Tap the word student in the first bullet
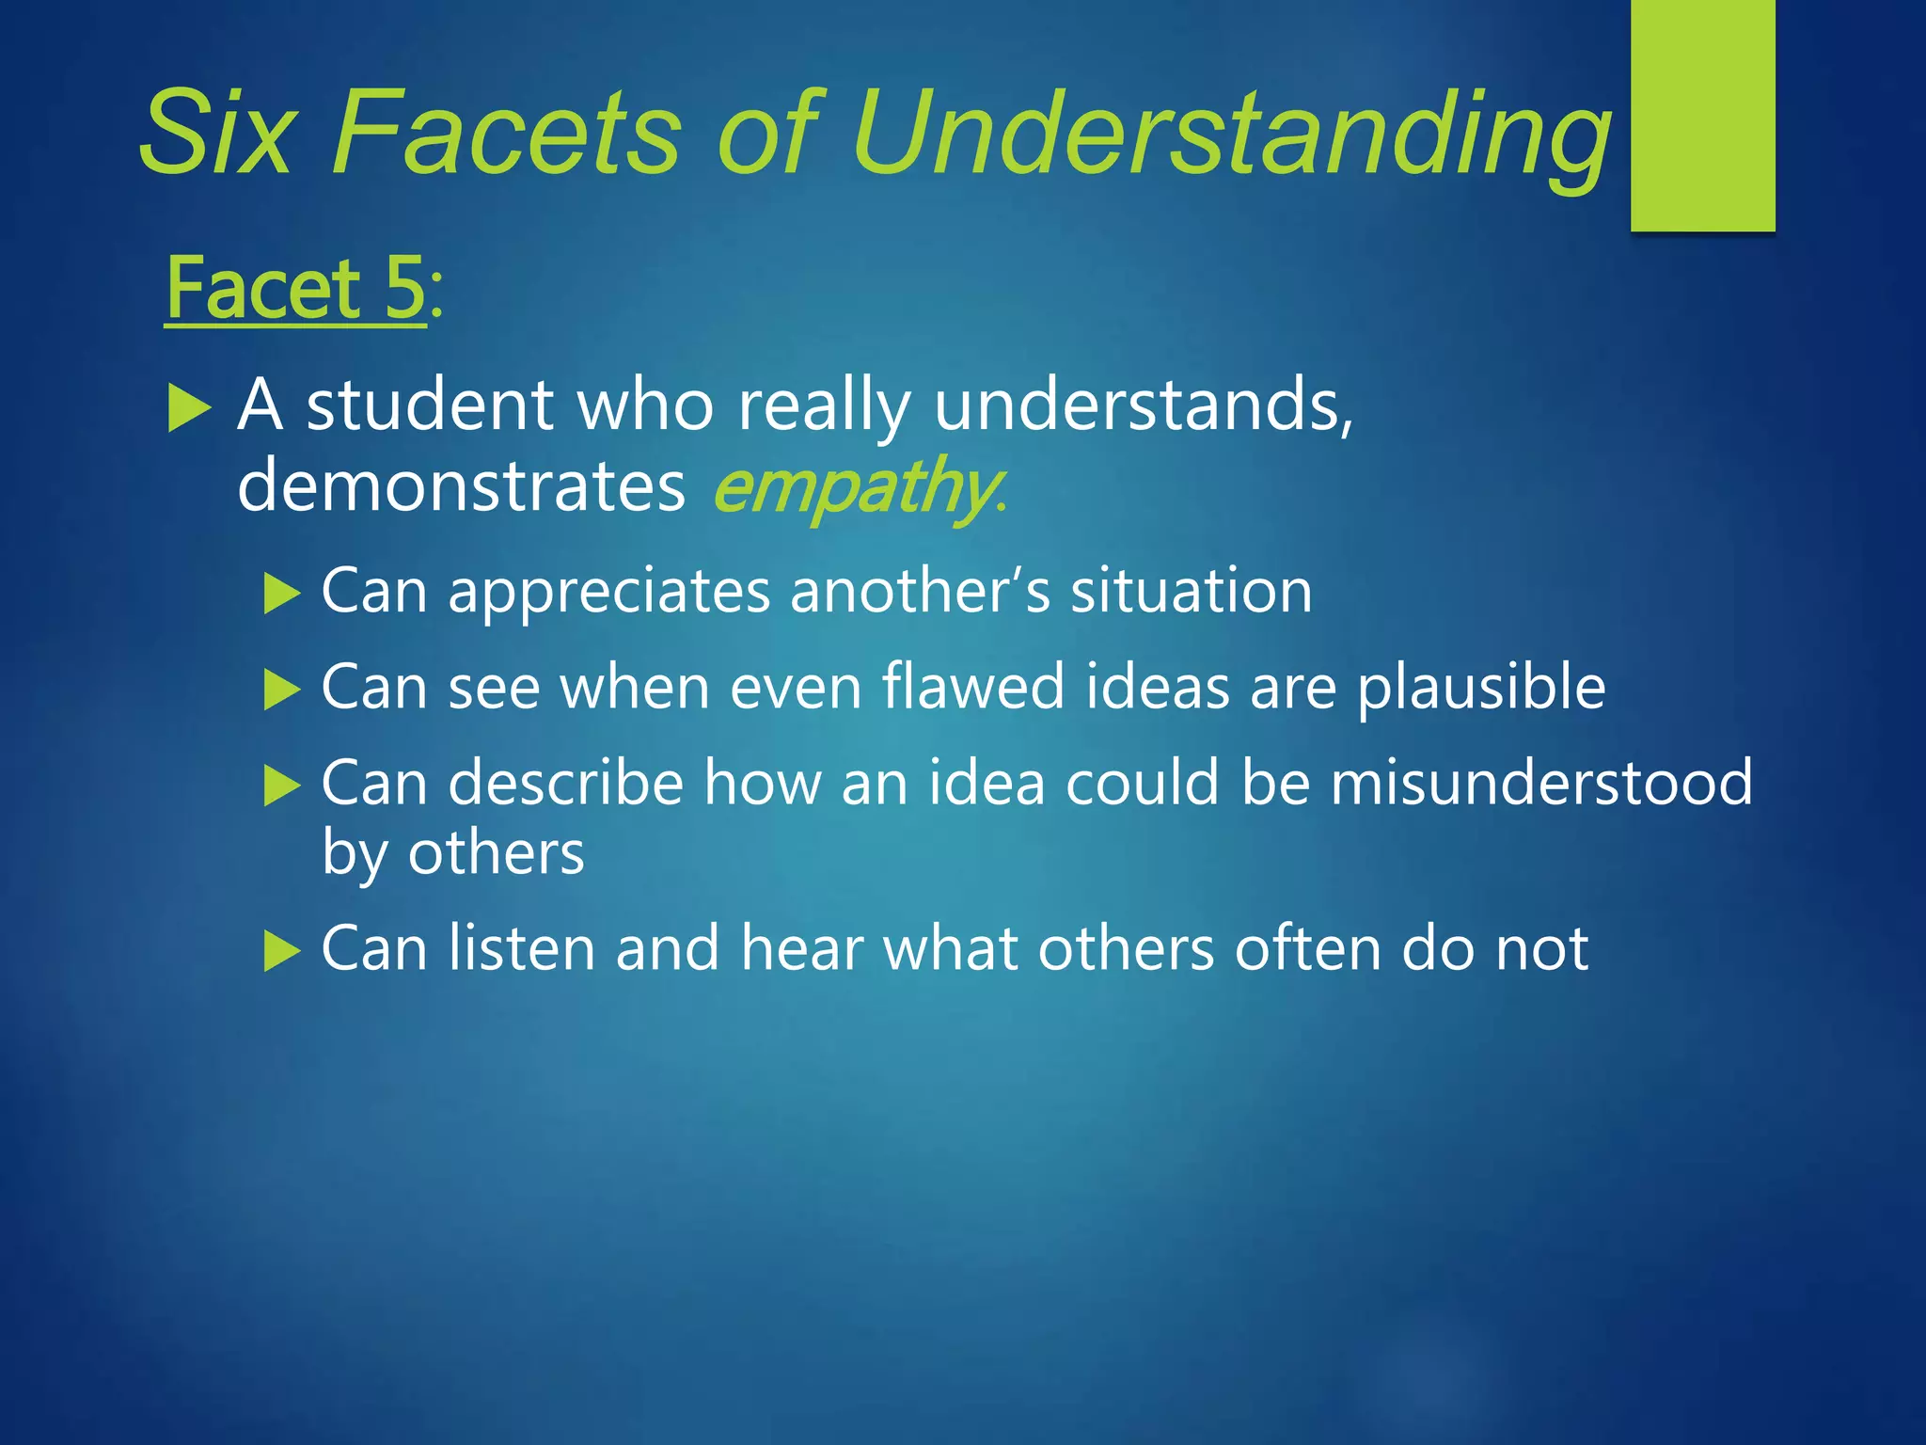[x=430, y=405]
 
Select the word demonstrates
[x=461, y=485]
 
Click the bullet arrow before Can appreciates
[x=281, y=594]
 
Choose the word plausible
[x=1481, y=689]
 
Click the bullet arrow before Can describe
[x=281, y=786]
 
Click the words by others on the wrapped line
[x=452, y=854]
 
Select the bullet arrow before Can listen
[x=281, y=950]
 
